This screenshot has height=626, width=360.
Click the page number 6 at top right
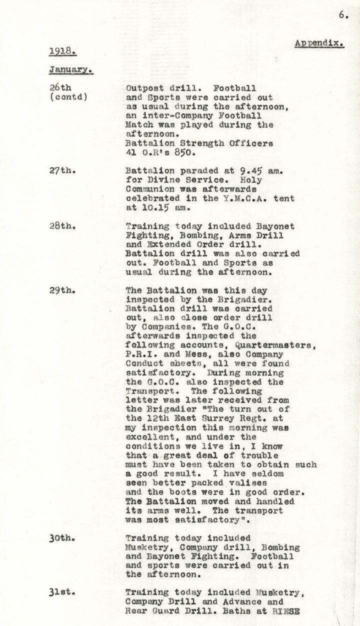pyautogui.click(x=343, y=15)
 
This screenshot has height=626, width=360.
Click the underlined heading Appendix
pyautogui.click(x=319, y=43)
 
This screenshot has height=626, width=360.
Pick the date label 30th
pyautogui.click(x=62, y=538)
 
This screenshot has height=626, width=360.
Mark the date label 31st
pyautogui.click(x=62, y=592)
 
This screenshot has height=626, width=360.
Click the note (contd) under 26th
pyautogui.click(x=68, y=97)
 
